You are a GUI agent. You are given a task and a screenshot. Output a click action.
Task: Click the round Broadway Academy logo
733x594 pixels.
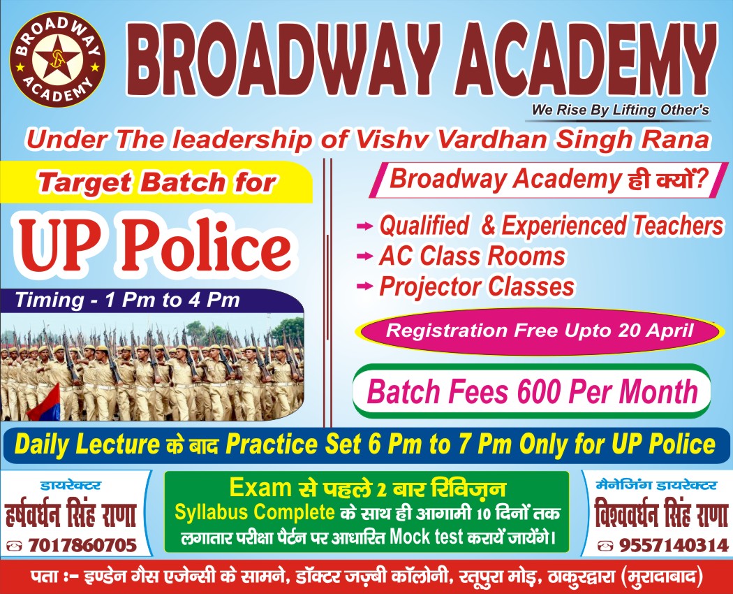point(57,59)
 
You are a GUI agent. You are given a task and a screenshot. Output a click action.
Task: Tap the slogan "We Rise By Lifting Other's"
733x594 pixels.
point(621,110)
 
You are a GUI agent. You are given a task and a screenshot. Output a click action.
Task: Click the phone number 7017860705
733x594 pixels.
point(82,545)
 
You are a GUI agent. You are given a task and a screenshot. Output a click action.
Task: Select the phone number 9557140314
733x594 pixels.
point(674,545)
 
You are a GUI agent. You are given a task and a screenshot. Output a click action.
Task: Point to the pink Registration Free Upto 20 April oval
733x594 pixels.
point(537,331)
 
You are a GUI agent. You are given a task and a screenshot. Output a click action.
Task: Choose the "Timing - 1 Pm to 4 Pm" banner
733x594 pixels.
point(152,300)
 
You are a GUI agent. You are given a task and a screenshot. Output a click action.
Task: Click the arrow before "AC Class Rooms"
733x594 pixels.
point(364,256)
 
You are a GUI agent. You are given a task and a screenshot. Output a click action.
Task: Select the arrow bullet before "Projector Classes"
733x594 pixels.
point(364,286)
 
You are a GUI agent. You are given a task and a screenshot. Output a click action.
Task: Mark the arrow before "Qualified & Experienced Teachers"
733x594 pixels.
point(364,226)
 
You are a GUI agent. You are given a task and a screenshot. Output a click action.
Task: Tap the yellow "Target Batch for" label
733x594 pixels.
point(156,182)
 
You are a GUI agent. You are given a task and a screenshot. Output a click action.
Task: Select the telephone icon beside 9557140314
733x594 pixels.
point(606,545)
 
